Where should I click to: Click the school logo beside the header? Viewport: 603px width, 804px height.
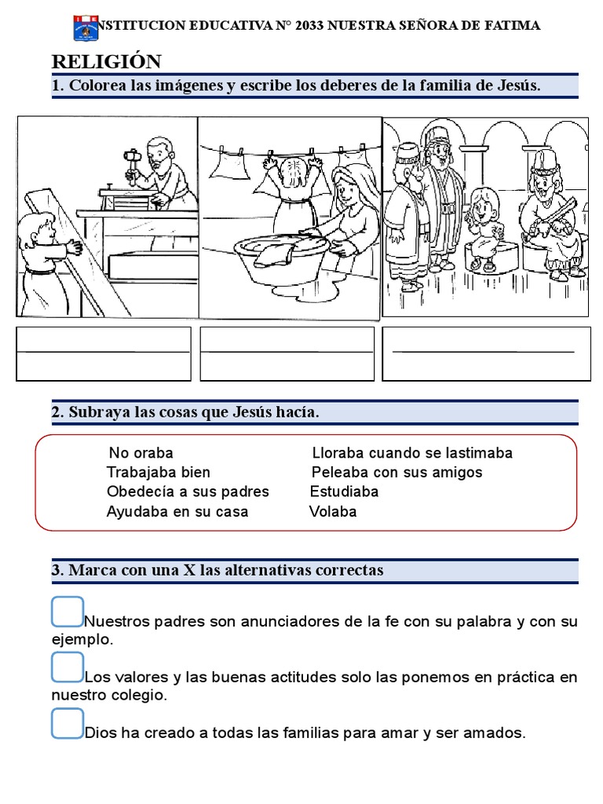point(85,28)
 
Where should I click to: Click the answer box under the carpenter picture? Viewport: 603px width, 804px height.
point(104,353)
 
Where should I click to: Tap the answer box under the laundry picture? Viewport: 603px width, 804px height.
point(287,353)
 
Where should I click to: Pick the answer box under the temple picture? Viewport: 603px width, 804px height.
point(486,353)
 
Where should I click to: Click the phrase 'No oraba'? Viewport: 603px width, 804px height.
point(141,453)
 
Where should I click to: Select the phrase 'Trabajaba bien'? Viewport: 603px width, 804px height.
point(159,473)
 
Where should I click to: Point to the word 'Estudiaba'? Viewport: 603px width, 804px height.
point(344,492)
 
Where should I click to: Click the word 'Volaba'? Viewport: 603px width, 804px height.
point(333,512)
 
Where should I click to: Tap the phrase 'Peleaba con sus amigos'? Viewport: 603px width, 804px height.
point(397,473)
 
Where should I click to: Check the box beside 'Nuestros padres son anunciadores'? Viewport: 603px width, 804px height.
point(68,612)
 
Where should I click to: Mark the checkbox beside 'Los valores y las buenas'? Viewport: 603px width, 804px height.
point(68,667)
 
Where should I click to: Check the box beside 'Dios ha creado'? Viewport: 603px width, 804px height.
point(68,723)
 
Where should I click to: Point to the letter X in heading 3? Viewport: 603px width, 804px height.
point(188,571)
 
